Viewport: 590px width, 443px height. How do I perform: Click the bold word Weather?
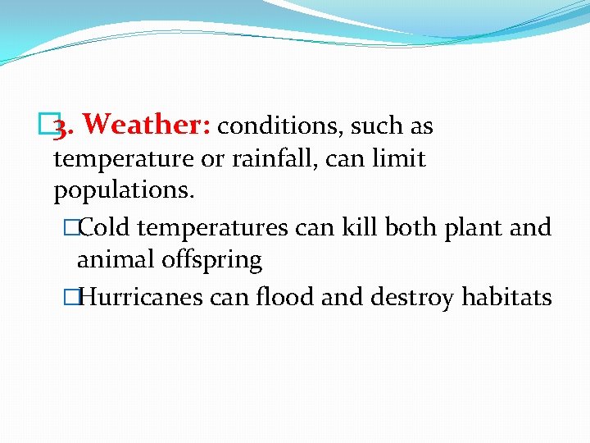pos(147,125)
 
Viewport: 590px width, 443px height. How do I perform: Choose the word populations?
pos(124,191)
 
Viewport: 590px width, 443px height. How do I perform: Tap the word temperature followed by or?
pos(124,158)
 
